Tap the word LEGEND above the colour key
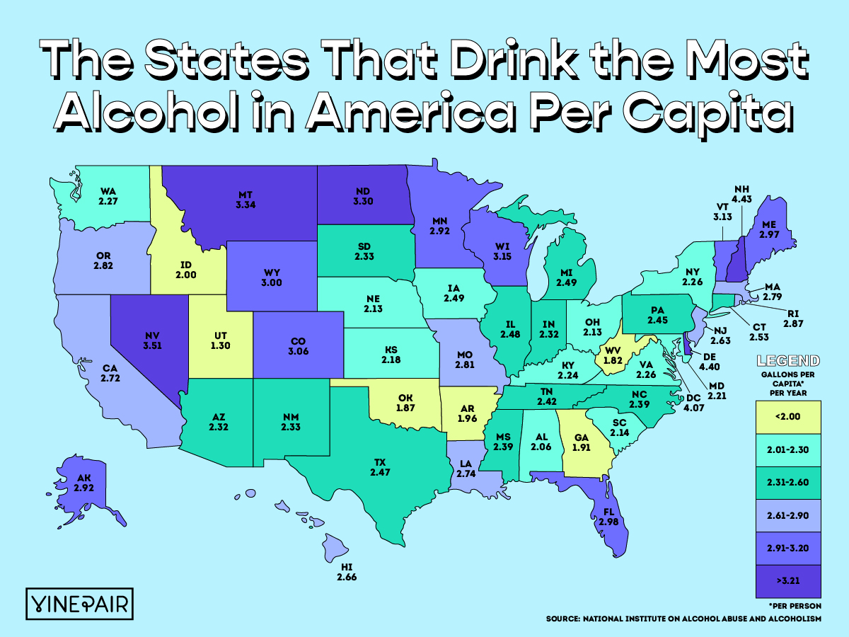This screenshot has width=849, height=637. [x=788, y=360]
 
